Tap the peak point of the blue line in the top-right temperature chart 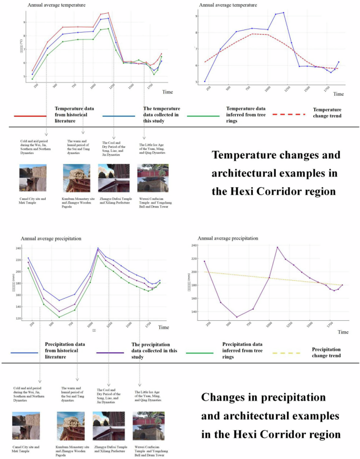[x=283, y=13]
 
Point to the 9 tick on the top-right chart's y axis [x=196, y=16]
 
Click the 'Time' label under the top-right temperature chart [x=338, y=94]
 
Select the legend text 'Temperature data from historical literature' [x=75, y=115]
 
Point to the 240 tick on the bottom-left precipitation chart [x=19, y=249]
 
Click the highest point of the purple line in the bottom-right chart [x=277, y=247]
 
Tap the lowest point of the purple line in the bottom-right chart [x=236, y=317]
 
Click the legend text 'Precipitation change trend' [x=326, y=352]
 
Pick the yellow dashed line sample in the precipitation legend [x=286, y=353]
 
